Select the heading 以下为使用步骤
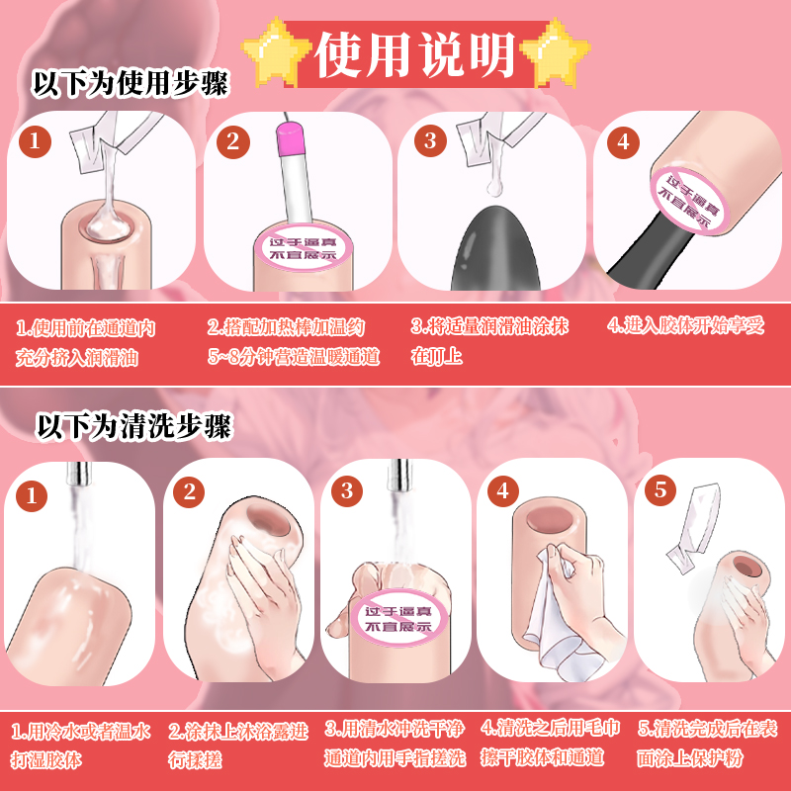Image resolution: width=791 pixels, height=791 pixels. [131, 85]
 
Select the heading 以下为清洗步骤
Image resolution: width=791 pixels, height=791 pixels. [133, 426]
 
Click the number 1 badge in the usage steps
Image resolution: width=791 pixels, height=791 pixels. [37, 140]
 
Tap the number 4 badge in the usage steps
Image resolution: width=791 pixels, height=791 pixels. [622, 141]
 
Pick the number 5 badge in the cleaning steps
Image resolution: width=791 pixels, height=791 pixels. [659, 490]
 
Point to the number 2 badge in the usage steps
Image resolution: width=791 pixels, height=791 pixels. [232, 141]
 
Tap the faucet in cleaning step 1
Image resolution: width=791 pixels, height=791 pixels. [75, 477]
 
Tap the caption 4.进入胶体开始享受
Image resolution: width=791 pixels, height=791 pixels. [685, 325]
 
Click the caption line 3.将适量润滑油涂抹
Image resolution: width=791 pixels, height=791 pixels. [489, 325]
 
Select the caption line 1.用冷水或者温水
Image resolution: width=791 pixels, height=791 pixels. [81, 732]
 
